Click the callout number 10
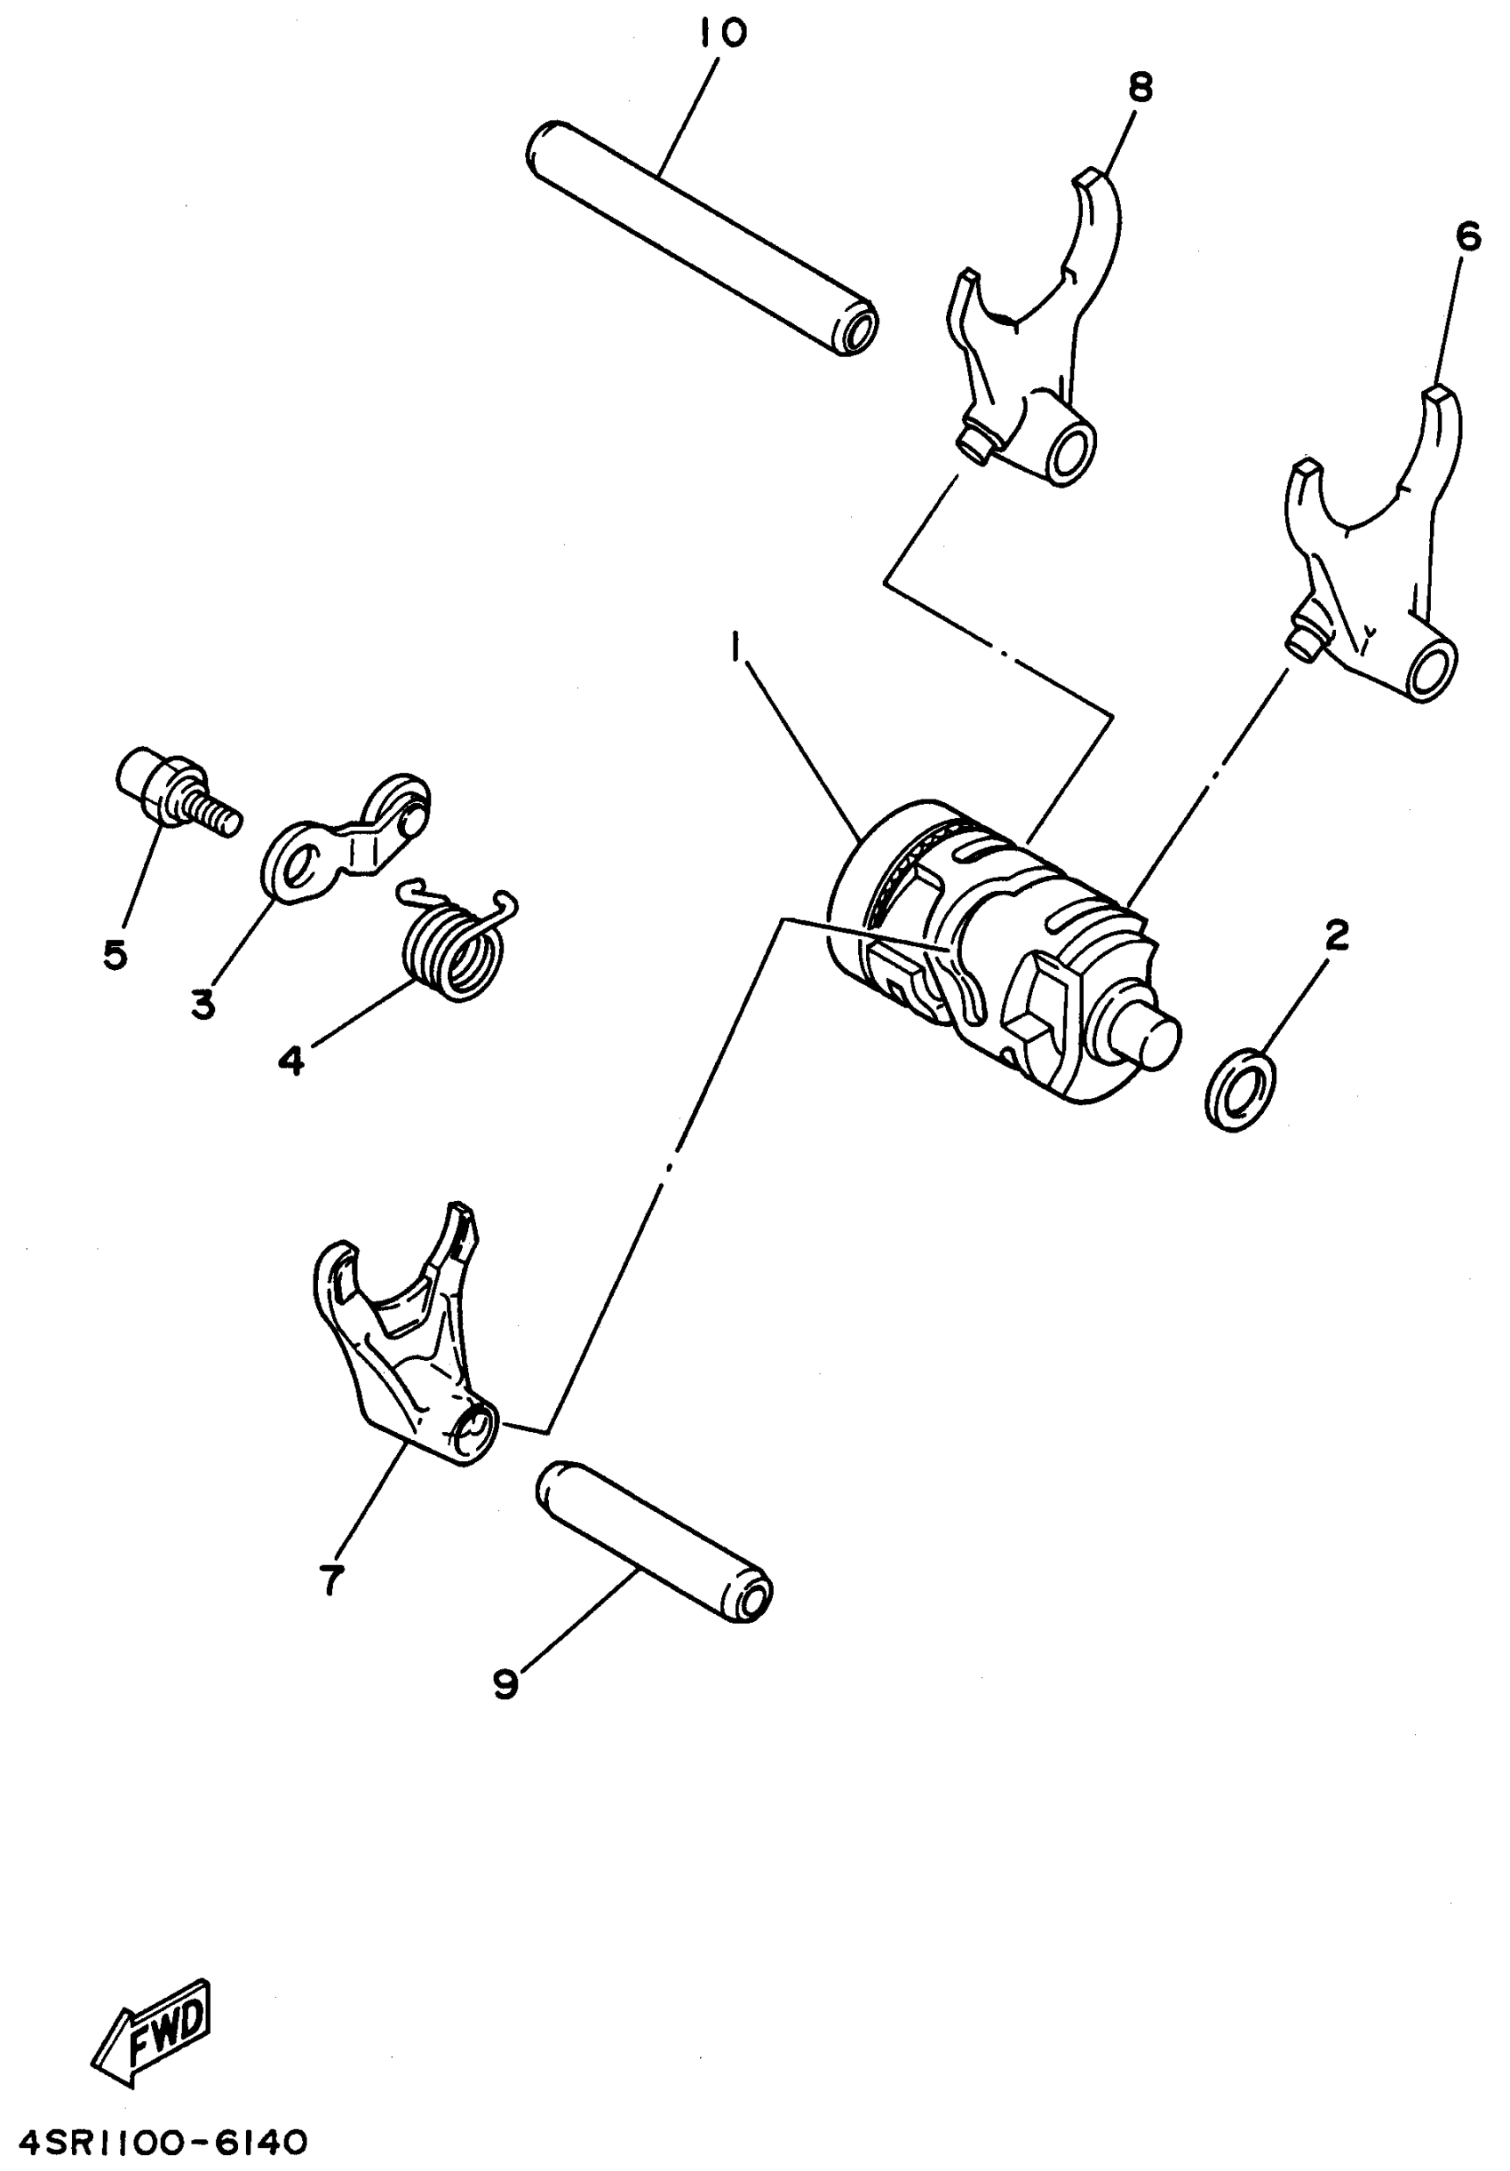(x=723, y=33)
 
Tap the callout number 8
(x=1140, y=88)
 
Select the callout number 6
(x=1467, y=237)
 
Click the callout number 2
(x=1336, y=935)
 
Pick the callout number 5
(x=115, y=955)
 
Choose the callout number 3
(x=203, y=1004)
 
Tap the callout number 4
(x=291, y=1061)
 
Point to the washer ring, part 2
(x=1240, y=1087)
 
